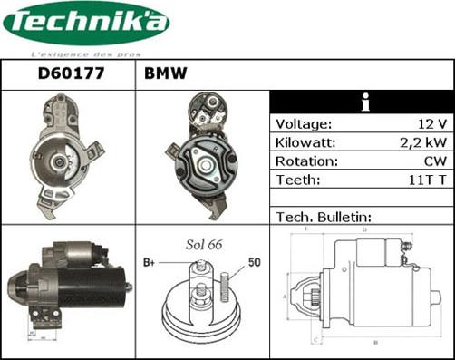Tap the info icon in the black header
pos(363,102)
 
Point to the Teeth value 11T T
pos(426,180)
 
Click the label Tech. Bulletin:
pos(323,218)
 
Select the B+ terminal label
pos(150,263)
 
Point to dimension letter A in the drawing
pos(285,296)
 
